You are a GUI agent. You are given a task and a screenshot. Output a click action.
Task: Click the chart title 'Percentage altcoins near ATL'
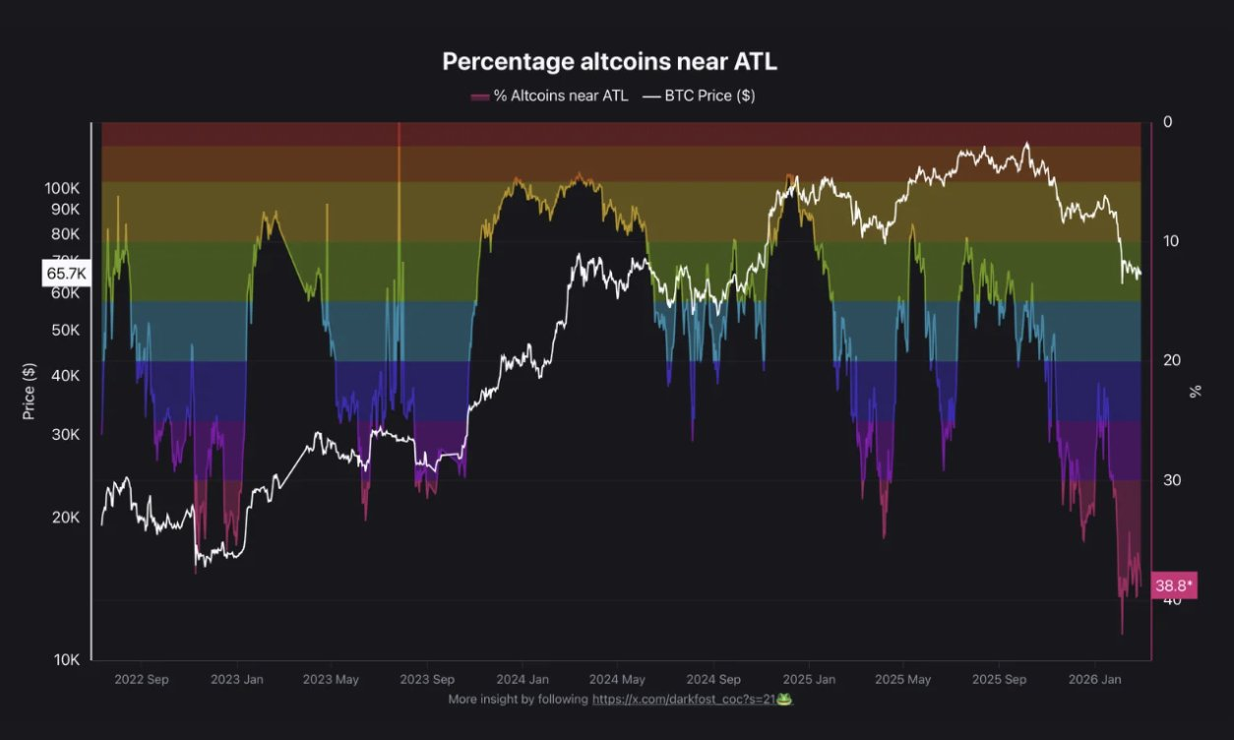pos(609,61)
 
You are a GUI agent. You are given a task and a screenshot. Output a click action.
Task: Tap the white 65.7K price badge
pos(66,273)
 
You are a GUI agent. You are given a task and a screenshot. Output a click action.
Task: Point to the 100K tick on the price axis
pos(62,188)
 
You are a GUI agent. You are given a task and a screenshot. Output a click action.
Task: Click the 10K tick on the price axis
pos(66,659)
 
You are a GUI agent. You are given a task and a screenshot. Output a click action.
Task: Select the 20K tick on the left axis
pos(65,518)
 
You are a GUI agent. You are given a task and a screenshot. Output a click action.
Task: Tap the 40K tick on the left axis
pos(65,376)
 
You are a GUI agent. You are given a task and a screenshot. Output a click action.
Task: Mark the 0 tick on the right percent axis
pos(1168,122)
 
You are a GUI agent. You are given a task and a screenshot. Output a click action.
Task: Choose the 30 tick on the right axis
pos(1171,480)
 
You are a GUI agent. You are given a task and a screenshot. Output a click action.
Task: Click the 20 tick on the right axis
pos(1171,361)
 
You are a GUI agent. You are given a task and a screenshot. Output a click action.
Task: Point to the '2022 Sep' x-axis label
pos(142,679)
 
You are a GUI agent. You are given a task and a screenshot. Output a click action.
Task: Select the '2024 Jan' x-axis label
pos(523,679)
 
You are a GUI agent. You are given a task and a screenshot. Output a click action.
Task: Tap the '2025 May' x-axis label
pos(902,679)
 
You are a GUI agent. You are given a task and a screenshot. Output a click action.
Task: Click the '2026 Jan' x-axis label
pos(1095,679)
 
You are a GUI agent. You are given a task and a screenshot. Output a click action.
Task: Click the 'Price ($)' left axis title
pos(29,391)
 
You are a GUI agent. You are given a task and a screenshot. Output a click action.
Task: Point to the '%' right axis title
pos(1197,391)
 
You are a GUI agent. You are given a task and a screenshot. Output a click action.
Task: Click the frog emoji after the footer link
pos(784,699)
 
